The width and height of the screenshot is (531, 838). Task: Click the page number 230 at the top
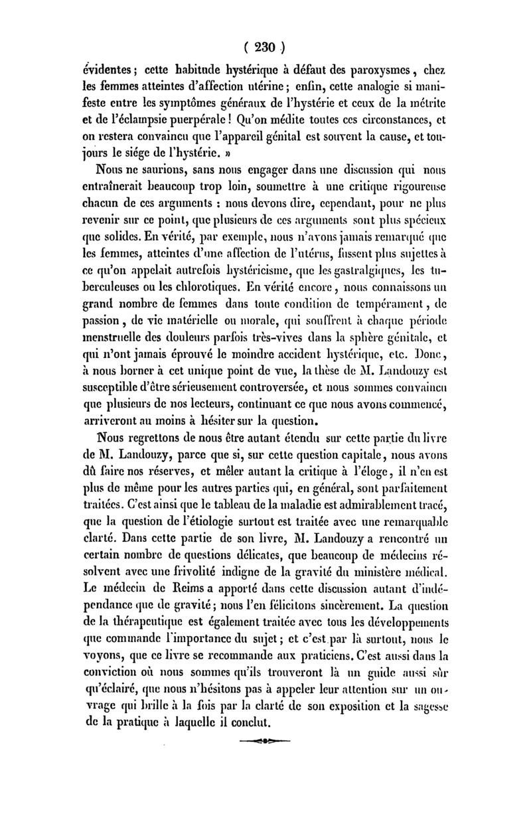pos(265,48)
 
